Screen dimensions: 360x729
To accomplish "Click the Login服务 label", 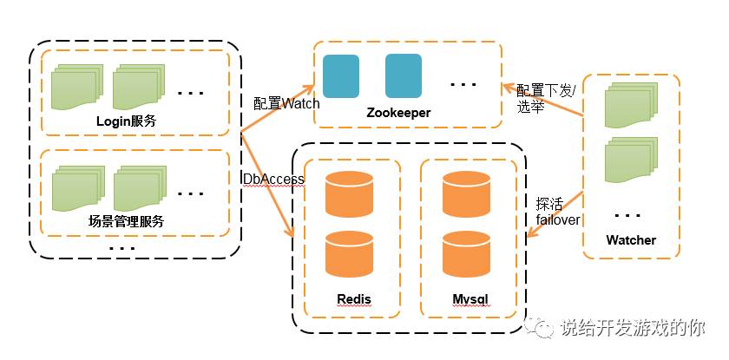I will pyautogui.click(x=126, y=121).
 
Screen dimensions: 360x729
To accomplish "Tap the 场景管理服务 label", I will pyautogui.click(x=127, y=221).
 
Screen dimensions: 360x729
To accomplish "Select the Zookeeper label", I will pyautogui.click(x=398, y=113).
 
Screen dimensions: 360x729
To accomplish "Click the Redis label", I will pyautogui.click(x=353, y=299).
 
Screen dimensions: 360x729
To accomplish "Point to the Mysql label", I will pyautogui.click(x=470, y=299).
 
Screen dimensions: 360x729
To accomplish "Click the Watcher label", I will pyautogui.click(x=631, y=239).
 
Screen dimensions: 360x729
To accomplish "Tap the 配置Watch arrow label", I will pyautogui.click(x=286, y=102).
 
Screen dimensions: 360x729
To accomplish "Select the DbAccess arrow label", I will pyautogui.click(x=273, y=179).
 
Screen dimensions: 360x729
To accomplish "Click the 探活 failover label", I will pyautogui.click(x=557, y=212).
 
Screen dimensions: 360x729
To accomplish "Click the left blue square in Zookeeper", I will pyautogui.click(x=340, y=75).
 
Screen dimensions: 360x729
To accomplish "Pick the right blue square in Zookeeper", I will pyautogui.click(x=404, y=75).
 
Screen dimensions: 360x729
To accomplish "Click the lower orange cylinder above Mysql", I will pyautogui.click(x=466, y=254).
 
